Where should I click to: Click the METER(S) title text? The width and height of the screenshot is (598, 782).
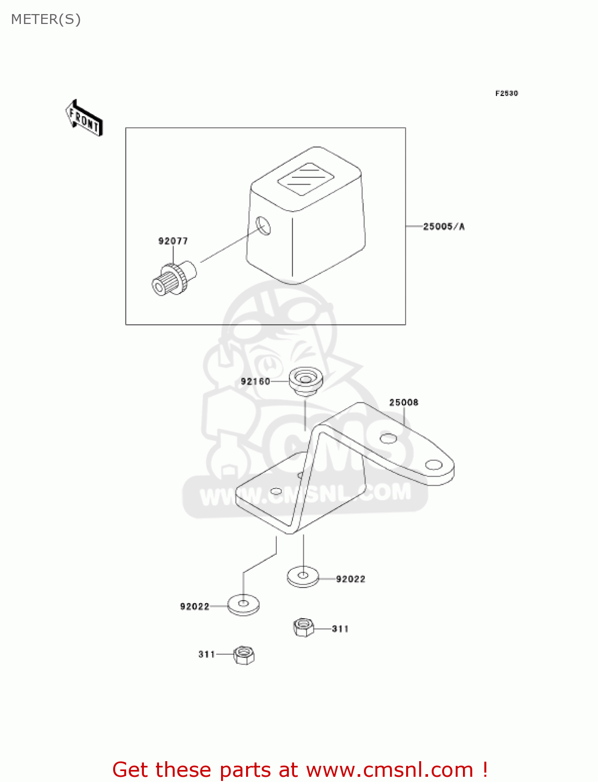(x=46, y=19)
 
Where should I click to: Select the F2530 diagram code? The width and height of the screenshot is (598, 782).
(x=506, y=93)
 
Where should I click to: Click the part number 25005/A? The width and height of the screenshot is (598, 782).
(x=444, y=226)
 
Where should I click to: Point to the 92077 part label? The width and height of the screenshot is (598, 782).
(x=173, y=241)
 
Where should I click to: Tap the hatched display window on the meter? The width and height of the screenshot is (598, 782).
(x=306, y=178)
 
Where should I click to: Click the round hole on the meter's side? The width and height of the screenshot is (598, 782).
(x=264, y=226)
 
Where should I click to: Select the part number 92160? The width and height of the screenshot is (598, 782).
(x=255, y=382)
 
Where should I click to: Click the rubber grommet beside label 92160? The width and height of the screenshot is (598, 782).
(x=306, y=381)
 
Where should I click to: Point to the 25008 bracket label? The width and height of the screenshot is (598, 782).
(x=404, y=402)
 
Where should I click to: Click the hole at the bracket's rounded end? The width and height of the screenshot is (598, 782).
(x=434, y=465)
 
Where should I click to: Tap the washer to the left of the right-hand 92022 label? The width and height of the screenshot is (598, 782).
(x=303, y=577)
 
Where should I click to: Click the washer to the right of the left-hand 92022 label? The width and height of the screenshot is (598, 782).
(x=243, y=605)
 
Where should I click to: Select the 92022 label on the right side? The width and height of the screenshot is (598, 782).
(x=350, y=579)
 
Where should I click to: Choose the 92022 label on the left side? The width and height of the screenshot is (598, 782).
(x=194, y=606)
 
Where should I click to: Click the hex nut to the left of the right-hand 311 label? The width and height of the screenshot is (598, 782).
(x=303, y=627)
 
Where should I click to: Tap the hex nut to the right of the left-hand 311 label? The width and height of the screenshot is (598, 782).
(x=243, y=654)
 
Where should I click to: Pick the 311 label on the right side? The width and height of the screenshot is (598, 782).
(x=340, y=629)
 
